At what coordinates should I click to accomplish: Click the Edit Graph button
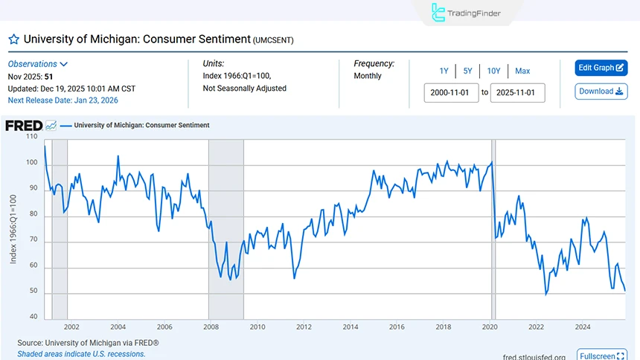[601, 68]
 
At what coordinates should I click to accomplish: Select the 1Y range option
[444, 71]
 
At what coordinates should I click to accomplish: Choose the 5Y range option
[467, 71]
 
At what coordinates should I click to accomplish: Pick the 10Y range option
[493, 71]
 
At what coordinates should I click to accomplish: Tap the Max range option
[522, 71]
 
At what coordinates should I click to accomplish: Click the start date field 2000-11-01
[451, 93]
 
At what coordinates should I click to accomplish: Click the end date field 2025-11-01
[517, 93]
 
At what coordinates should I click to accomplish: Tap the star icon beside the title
[13, 39]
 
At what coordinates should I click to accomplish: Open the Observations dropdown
[38, 65]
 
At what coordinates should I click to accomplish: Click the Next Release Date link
[63, 100]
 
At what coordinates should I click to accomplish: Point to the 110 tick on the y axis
[31, 137]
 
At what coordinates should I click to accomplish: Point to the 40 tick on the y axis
[33, 317]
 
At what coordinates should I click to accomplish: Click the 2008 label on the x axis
[211, 327]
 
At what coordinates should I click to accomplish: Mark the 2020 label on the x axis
[490, 327]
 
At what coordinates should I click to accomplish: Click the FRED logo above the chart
[24, 126]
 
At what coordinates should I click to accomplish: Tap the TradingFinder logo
[467, 13]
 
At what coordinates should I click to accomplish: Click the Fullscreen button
[601, 356]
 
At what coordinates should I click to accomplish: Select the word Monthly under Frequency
[368, 76]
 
